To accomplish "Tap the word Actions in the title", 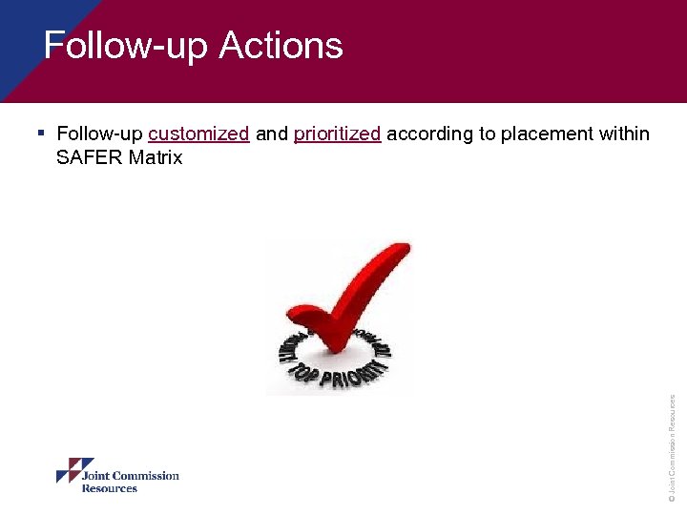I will click(x=281, y=46).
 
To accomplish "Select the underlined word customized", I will click(x=198, y=134).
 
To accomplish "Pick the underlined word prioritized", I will click(x=338, y=134).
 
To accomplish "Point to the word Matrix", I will click(x=156, y=157).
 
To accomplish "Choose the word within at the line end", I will click(x=624, y=134).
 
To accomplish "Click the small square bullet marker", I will click(x=42, y=133).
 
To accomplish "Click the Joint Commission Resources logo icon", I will click(x=74, y=470).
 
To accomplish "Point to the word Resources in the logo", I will click(x=109, y=488).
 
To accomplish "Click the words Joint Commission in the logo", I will click(x=130, y=476).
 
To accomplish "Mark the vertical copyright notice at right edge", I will click(x=672, y=448).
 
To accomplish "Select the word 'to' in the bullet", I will click(x=487, y=134).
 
